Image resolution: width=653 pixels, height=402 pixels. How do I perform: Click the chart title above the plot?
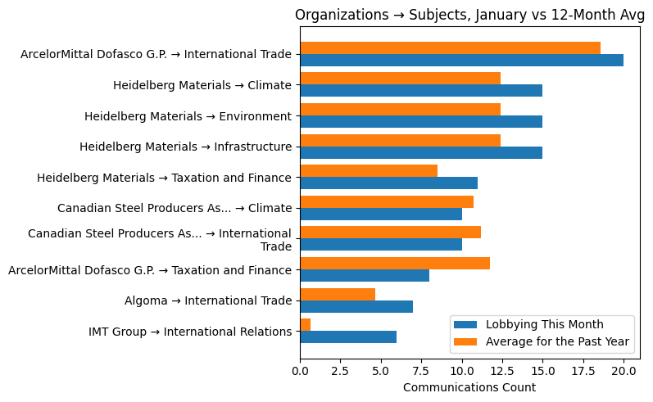(469, 15)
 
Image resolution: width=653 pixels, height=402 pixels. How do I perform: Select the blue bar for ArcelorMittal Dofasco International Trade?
(461, 60)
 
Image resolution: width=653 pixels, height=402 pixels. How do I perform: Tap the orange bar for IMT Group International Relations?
(306, 325)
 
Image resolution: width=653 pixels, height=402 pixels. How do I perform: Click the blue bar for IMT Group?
(348, 337)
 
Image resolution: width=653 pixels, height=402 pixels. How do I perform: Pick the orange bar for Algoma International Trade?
(338, 294)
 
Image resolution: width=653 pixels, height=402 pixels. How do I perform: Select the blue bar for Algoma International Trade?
(356, 306)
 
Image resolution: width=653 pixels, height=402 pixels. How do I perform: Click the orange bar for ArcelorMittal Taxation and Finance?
(395, 263)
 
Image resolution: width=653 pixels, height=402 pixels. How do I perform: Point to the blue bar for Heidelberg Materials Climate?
(421, 91)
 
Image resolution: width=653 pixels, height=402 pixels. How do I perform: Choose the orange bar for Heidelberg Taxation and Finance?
(369, 171)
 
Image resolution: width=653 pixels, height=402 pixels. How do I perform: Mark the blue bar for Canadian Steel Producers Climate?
(381, 214)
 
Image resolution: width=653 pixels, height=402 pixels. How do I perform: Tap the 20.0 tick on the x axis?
(624, 371)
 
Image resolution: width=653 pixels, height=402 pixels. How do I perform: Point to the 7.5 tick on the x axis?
(421, 371)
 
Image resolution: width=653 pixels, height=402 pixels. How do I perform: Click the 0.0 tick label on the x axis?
(301, 371)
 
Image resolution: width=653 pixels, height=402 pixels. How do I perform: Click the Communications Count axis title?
(469, 387)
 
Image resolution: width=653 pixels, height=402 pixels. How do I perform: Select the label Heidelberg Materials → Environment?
(188, 116)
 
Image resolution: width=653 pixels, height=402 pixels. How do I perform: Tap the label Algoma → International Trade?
(208, 300)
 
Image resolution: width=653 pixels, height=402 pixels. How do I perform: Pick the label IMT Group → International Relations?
(190, 332)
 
